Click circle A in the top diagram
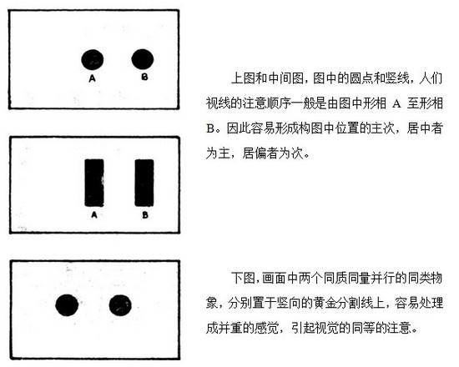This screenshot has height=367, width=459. [92, 59]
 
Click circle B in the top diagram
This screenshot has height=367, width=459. [143, 59]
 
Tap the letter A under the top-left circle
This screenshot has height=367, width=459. [92, 78]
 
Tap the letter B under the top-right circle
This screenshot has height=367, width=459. [144, 77]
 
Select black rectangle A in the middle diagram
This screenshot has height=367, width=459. [94, 183]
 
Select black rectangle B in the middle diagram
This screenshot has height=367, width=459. [144, 183]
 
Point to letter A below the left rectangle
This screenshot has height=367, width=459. [94, 215]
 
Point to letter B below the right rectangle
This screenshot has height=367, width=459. [145, 215]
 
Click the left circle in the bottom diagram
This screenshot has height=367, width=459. [67, 305]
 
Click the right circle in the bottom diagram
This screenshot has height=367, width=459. [120, 305]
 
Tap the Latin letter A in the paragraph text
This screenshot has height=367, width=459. [396, 103]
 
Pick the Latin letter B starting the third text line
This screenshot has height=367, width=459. [210, 128]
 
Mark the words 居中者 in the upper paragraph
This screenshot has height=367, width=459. [425, 128]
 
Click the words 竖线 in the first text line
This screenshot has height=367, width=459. [397, 78]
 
